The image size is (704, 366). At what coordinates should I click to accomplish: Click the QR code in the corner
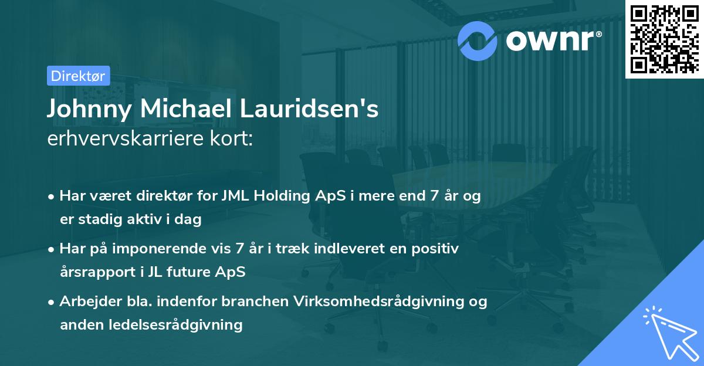pos(664,39)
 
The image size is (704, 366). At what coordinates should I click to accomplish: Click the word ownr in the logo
pos(549,41)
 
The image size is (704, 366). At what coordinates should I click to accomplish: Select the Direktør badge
pos(78,76)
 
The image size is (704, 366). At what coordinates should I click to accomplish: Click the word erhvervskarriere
pos(129,140)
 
